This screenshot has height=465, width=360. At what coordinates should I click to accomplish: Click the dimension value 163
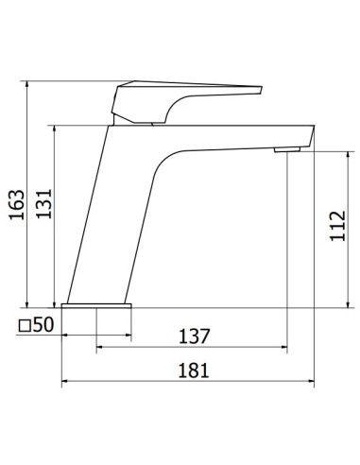tap(17, 204)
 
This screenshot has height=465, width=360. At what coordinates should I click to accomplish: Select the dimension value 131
tap(44, 203)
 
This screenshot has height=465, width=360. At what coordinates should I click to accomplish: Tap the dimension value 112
tap(338, 226)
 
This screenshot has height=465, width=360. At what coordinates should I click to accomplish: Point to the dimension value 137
tap(194, 336)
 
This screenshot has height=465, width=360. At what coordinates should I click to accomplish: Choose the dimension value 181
tap(194, 370)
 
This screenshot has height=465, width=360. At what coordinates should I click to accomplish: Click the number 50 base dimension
tap(43, 324)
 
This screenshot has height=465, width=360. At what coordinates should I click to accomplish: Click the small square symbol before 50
tap(25, 326)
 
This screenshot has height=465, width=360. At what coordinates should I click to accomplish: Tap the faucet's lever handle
tap(186, 101)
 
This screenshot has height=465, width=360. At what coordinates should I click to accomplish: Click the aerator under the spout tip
tap(287, 149)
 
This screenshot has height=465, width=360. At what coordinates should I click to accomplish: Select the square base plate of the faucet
tap(96, 305)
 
